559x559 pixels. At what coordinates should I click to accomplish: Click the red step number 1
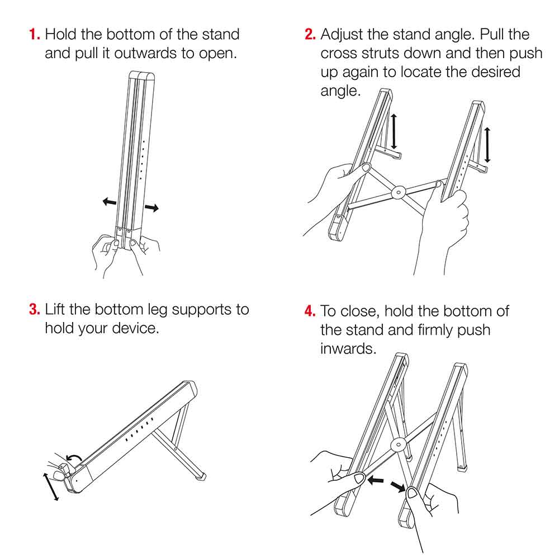pos(34,34)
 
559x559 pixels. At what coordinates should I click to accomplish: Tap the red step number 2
pos(310,34)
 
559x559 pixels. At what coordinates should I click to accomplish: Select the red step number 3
pos(34,310)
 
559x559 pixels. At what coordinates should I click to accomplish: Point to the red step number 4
pos(310,311)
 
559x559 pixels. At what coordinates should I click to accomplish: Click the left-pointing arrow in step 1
pos(110,202)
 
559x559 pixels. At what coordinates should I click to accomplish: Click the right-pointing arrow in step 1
pos(151,207)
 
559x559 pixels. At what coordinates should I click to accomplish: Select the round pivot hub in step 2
pos(398,192)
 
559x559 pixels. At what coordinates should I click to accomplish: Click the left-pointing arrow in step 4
pos(376,480)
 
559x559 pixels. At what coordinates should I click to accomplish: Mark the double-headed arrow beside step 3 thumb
pos(51,487)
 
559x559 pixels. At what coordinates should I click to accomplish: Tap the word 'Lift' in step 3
pos(55,310)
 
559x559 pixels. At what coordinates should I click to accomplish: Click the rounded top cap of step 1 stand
pos(141,76)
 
